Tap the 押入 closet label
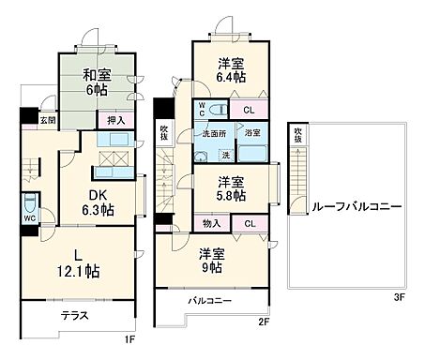(115, 120)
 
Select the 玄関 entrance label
(47, 120)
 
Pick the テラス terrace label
(75, 316)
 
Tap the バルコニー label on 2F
(208, 301)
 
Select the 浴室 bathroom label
(252, 134)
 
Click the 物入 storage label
(212, 223)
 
